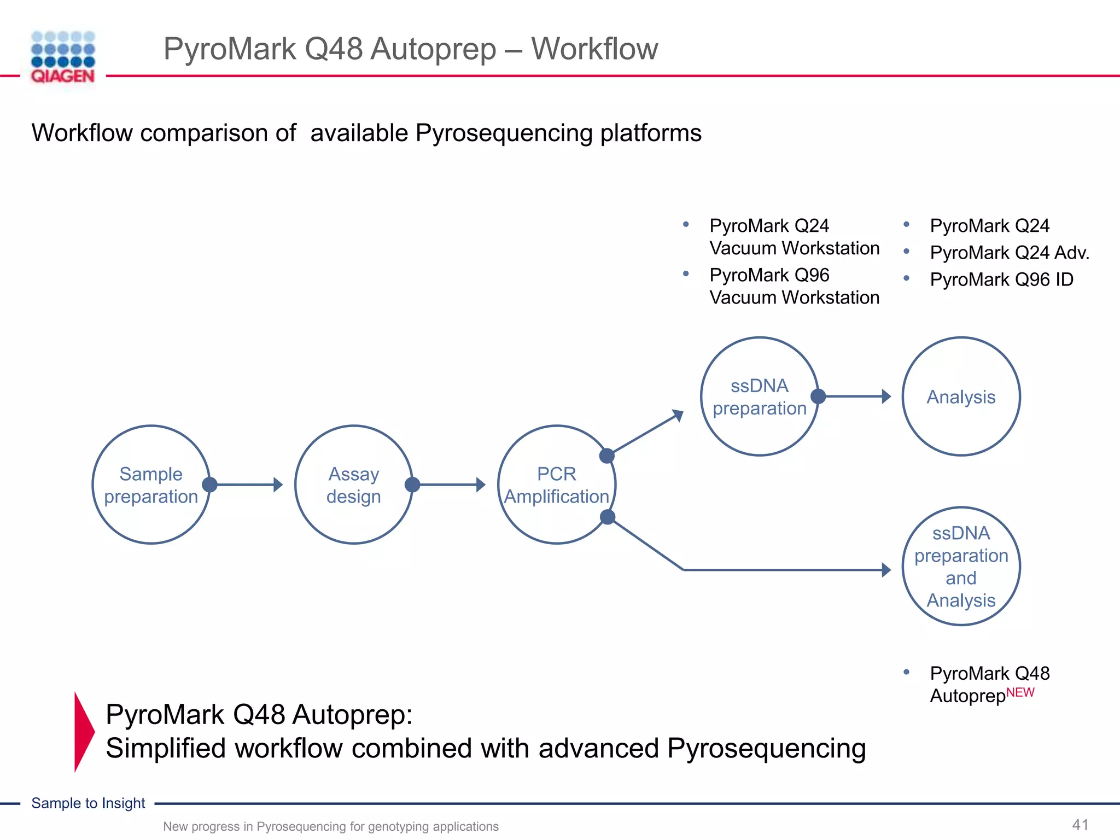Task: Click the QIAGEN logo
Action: (63, 58)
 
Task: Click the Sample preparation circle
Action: (151, 485)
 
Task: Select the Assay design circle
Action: (354, 485)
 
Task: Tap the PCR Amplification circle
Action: (556, 485)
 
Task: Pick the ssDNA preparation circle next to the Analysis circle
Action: (759, 396)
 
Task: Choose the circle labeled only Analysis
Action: (961, 396)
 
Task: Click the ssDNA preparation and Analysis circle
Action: (961, 567)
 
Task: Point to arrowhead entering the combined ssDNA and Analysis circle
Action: (886, 570)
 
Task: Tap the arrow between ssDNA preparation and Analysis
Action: (856, 396)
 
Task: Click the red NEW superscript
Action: (1020, 692)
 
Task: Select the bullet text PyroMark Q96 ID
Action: (1001, 279)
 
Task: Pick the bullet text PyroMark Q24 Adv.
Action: (1009, 253)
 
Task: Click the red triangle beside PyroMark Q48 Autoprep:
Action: (83, 732)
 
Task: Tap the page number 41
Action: (1080, 825)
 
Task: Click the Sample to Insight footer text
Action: (88, 803)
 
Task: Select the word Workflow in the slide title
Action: (594, 49)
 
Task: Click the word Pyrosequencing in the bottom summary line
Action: (766, 748)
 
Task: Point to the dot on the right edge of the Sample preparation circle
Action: (209, 485)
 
